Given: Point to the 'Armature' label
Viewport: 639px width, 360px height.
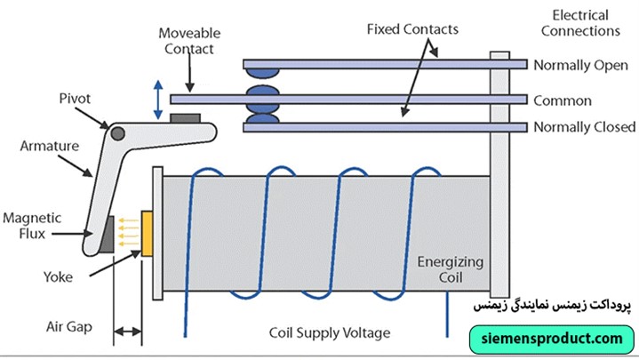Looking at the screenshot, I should (47, 146).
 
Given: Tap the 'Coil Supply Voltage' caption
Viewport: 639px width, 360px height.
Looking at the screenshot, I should (329, 333).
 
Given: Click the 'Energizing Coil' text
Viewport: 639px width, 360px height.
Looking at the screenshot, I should (450, 268).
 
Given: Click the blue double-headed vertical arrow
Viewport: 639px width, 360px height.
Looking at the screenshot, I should (159, 100).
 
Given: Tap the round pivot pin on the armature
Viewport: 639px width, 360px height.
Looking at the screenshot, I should (116, 133).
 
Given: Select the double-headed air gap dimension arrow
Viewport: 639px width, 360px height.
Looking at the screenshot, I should (128, 332).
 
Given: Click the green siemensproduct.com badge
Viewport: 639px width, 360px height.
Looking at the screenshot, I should (552, 339).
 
